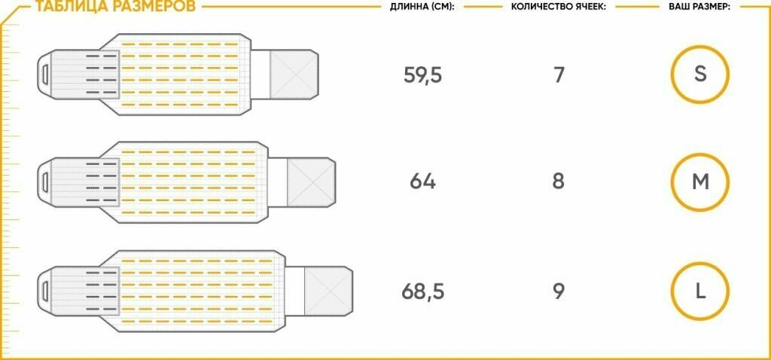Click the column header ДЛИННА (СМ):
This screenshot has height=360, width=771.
[422, 7]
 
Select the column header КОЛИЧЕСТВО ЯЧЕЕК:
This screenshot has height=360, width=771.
[558, 7]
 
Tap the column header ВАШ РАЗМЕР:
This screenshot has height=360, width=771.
[699, 7]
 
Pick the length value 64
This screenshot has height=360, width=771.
[422, 182]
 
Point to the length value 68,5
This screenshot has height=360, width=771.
[422, 291]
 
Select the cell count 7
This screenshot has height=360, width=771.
[558, 75]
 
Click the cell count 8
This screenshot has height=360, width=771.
[558, 182]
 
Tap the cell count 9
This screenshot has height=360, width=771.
[558, 291]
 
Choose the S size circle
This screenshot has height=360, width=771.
[700, 75]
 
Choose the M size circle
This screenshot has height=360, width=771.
[700, 182]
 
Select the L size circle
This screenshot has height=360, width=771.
[700, 291]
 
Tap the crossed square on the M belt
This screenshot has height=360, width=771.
[309, 182]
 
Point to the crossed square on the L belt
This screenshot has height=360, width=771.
[326, 291]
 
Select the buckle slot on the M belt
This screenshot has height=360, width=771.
[45, 182]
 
